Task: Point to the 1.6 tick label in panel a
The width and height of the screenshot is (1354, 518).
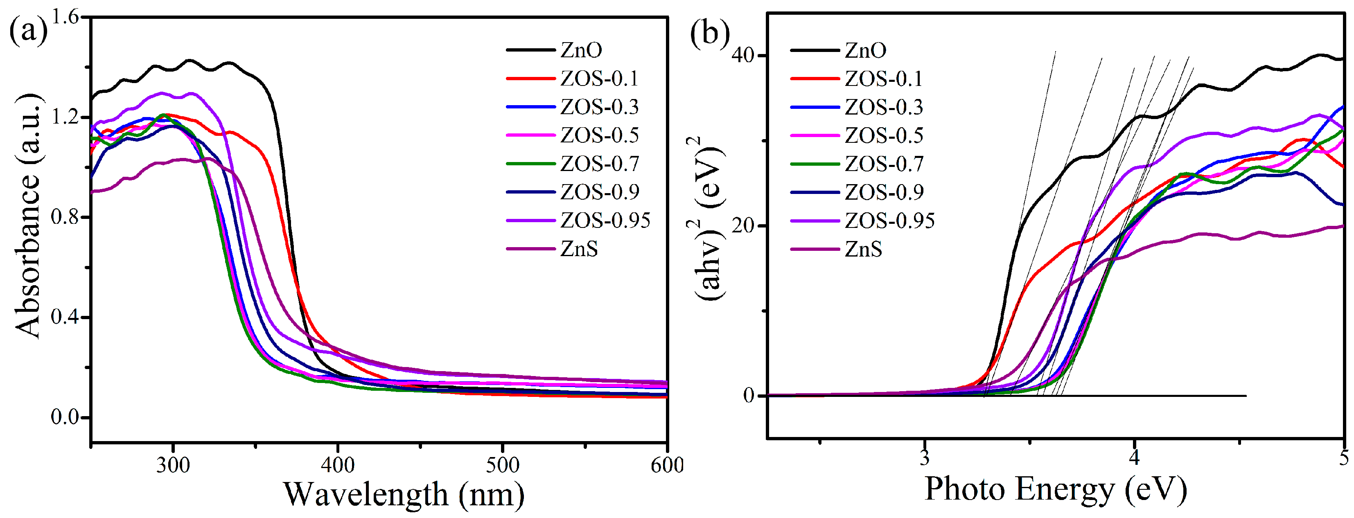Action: pyautogui.click(x=65, y=17)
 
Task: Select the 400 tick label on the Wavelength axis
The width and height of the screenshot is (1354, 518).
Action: pyautogui.click(x=337, y=465)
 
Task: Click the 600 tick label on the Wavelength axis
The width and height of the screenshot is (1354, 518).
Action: pyautogui.click(x=666, y=465)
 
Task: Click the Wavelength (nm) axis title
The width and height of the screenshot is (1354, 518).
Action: pyautogui.click(x=404, y=494)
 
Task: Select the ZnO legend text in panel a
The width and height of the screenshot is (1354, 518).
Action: pyautogui.click(x=581, y=50)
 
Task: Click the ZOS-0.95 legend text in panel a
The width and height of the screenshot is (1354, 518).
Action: pyautogui.click(x=605, y=220)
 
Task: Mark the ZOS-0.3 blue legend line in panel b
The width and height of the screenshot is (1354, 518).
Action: pyautogui.click(x=815, y=107)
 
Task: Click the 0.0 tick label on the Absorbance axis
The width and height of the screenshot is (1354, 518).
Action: pyautogui.click(x=65, y=417)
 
